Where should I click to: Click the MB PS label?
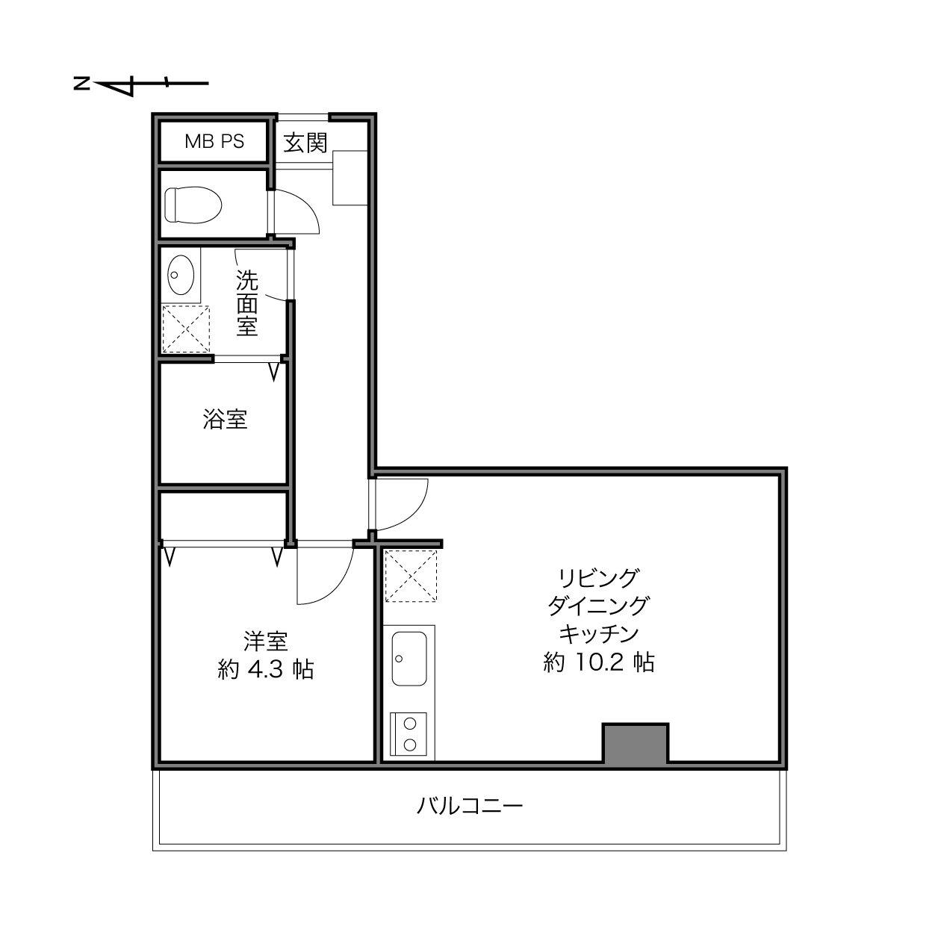214,141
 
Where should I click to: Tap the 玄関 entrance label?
305,143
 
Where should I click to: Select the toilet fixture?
193,205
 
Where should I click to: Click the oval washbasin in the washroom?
181,275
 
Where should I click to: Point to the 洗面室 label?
247,302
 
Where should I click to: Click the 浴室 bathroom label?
225,419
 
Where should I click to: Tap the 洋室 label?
266,641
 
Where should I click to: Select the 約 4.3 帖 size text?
266,670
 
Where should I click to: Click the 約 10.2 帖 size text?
599,662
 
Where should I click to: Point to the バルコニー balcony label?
470,806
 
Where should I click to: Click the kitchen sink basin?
409,659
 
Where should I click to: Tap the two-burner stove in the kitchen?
409,734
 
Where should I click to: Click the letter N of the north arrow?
81,84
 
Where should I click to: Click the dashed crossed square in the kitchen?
411,576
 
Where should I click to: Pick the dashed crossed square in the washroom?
186,329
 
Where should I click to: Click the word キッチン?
599,634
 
